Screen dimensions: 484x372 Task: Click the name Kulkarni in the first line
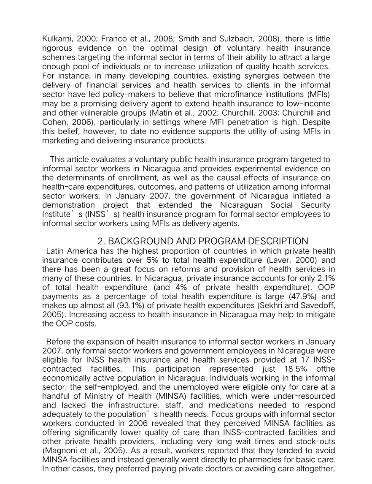tap(56, 39)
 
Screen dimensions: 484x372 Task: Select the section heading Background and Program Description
tap(203, 242)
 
